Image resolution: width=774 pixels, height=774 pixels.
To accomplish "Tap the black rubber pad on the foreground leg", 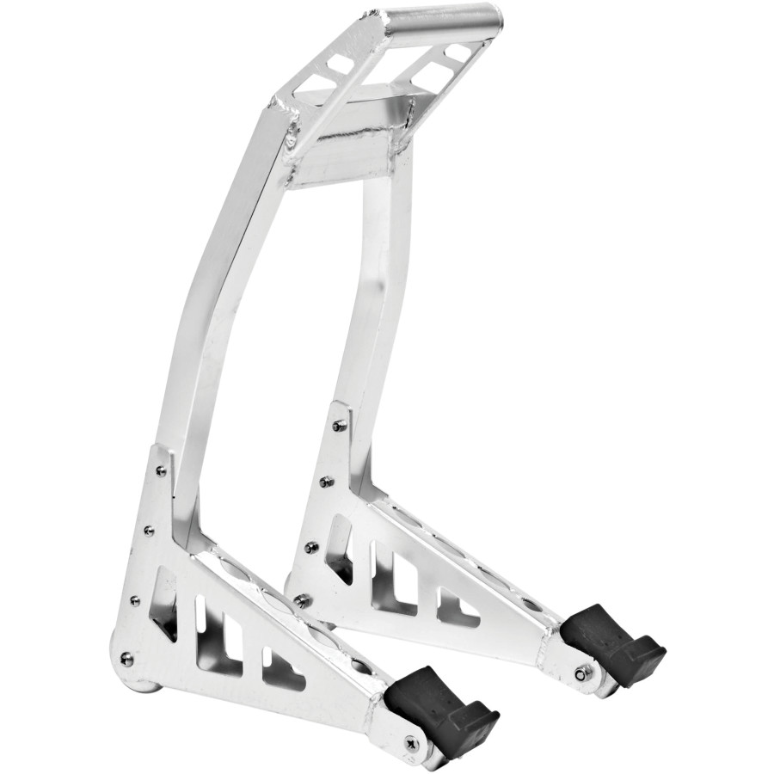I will [x=442, y=709].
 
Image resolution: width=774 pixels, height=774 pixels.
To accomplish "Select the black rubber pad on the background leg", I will [x=611, y=641].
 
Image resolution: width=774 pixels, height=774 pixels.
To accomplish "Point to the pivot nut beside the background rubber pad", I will [x=581, y=673].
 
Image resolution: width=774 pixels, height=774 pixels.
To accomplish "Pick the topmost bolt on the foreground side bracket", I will [x=161, y=471].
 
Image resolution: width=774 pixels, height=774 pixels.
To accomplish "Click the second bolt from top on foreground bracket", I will [x=148, y=531].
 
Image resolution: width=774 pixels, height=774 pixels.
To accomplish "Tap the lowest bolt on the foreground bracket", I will [x=126, y=659].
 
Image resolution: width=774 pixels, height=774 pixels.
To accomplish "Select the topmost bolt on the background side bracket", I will [x=340, y=425].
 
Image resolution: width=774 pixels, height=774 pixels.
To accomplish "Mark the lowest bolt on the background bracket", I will [x=300, y=600].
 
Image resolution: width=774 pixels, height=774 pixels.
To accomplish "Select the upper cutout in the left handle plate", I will [x=340, y=62].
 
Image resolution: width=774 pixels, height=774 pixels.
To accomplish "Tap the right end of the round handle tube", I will [x=494, y=16].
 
